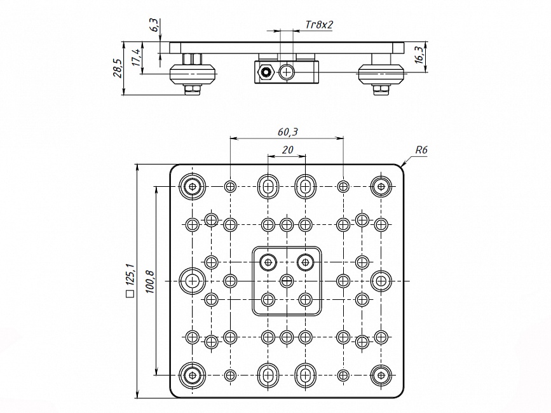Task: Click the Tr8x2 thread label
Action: tap(319, 25)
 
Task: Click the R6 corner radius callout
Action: tap(421, 150)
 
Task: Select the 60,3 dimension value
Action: tap(287, 132)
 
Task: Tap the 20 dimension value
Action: tap(287, 150)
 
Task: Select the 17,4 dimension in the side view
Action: tap(135, 57)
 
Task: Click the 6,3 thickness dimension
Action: tap(153, 26)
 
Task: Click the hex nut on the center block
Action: tap(265, 73)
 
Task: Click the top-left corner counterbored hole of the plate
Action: tap(192, 186)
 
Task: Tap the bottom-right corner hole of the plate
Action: tap(381, 375)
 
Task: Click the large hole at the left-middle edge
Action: tap(192, 280)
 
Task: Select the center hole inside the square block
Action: tap(287, 280)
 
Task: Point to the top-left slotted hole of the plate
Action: tap(268, 186)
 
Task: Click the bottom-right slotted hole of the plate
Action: tap(306, 375)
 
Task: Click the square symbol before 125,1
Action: tap(130, 294)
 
